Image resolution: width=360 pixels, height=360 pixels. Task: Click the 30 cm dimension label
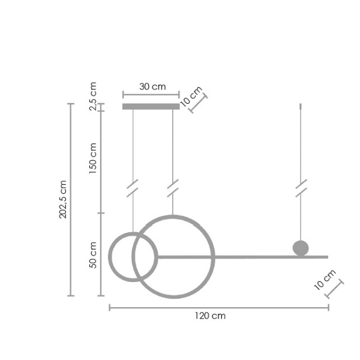(152, 86)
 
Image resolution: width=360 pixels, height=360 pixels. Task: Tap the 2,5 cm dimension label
(93, 95)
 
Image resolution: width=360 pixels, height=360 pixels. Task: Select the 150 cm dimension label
(93, 158)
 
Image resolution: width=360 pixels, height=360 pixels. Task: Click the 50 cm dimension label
(93, 255)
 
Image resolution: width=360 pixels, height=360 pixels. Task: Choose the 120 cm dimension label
(210, 316)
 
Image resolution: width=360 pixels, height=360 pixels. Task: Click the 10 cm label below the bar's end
(325, 280)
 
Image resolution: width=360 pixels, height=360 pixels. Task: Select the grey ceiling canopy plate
(151, 107)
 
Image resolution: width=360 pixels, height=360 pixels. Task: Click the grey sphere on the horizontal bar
(300, 247)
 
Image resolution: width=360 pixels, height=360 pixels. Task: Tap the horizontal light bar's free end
(326, 257)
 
